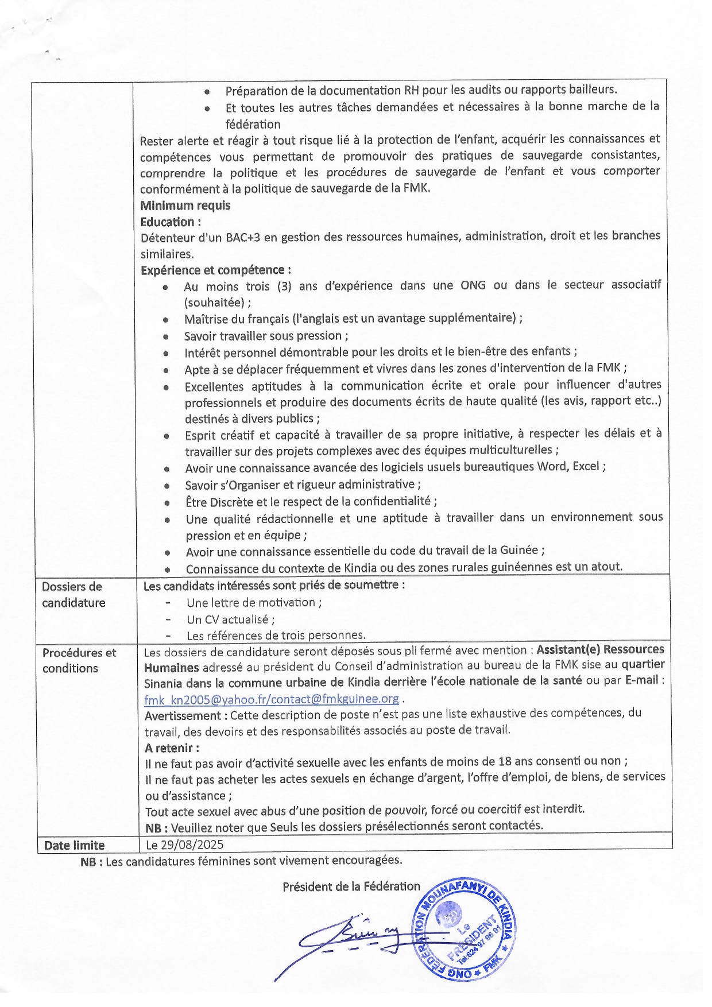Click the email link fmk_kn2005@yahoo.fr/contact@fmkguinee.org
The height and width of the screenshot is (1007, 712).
coord(271,699)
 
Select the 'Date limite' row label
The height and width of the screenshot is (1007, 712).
coord(74,845)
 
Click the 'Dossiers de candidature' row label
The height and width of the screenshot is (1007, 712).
coord(73,595)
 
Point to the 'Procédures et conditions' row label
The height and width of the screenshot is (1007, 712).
coord(79,660)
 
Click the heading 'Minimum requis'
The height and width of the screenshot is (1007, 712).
coord(185,206)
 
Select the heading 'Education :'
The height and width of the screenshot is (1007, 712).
coord(171,222)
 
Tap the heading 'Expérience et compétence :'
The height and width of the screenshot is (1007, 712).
coord(215,270)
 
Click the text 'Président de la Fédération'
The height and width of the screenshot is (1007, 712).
coord(351,886)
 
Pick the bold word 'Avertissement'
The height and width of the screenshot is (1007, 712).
coord(183,716)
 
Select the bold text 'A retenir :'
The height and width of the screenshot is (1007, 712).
coord(172,748)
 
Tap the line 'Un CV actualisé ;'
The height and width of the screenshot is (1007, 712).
coord(230,619)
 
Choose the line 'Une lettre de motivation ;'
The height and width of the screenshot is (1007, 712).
coord(254,602)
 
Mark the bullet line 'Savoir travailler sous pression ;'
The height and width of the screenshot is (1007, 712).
coord(266,336)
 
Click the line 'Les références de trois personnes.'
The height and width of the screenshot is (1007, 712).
coord(276,636)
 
